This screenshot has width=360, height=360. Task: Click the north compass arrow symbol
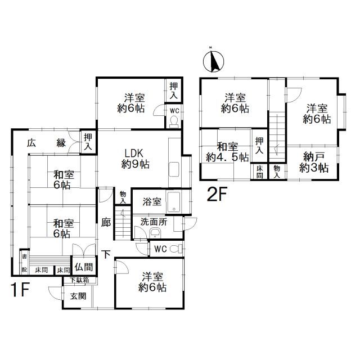coord(214,61)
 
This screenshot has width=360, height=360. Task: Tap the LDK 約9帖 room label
coord(135,159)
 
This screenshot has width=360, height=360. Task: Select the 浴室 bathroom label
coord(152,201)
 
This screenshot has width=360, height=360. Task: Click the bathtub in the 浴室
coord(174,202)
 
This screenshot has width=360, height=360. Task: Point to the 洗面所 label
coord(154,222)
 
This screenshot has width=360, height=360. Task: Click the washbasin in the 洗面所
coord(156,233)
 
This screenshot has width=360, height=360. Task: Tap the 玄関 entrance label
coord(78,296)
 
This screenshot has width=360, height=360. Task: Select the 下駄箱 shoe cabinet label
coord(79,280)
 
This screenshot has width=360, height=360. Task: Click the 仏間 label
coord(84,267)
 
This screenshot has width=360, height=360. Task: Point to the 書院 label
coord(24,263)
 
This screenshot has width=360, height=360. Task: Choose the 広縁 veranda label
coord(47,143)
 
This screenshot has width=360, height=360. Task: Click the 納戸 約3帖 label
coord(314,163)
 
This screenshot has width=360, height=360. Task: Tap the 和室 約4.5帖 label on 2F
coord(227,152)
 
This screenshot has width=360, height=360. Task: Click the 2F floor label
coord(217,194)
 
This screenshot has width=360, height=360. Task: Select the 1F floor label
coord(20,290)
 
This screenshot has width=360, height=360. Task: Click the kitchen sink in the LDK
coord(174,169)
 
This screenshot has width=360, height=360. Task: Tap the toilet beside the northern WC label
coord(174,122)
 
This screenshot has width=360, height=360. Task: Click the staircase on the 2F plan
coord(277,137)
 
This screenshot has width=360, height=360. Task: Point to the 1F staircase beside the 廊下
coord(123,223)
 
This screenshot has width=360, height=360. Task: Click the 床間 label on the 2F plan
coord(260,172)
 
